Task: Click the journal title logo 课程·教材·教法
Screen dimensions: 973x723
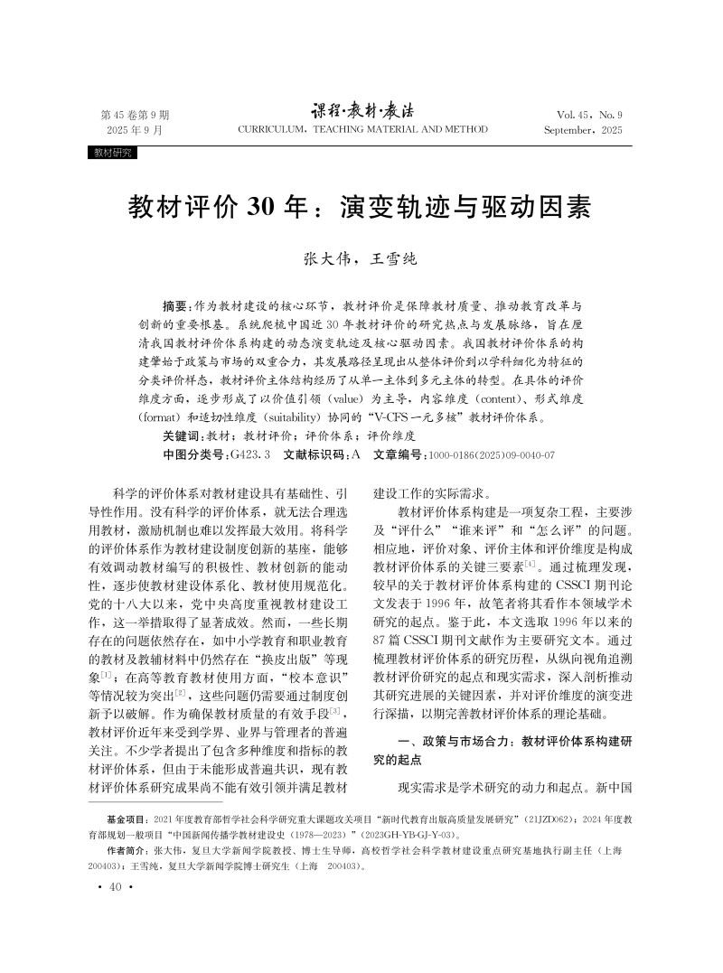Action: (x=361, y=111)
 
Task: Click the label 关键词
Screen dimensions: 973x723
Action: (x=181, y=435)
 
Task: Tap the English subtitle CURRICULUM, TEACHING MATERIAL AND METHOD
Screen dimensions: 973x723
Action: (x=361, y=130)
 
